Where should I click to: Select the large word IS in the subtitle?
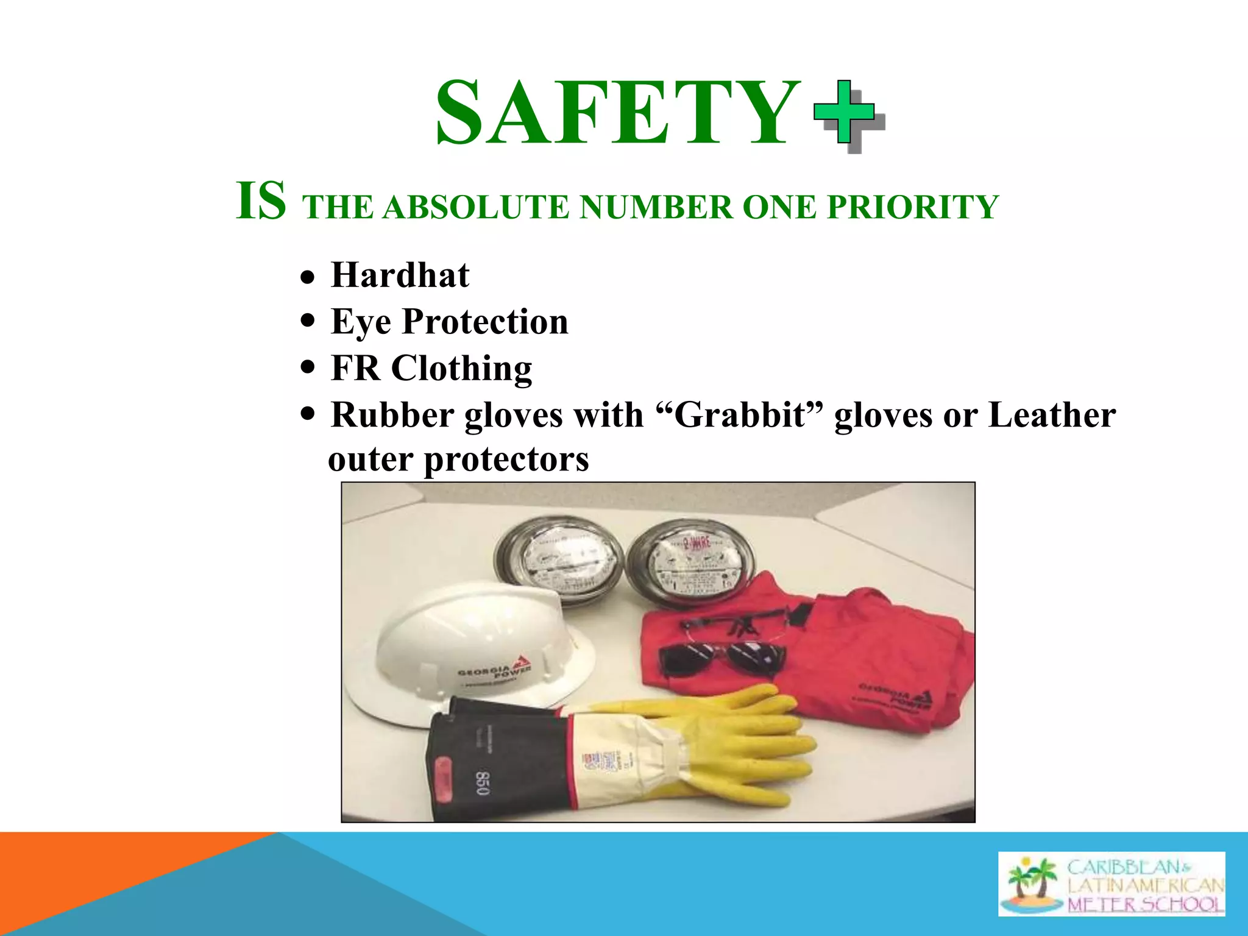pos(261,201)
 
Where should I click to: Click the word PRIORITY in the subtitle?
pos(912,207)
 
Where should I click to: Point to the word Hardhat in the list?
pos(400,275)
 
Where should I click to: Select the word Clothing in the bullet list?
pos(461,369)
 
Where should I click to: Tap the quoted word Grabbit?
pos(740,415)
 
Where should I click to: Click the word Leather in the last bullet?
pos(1051,415)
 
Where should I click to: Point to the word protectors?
pos(506,459)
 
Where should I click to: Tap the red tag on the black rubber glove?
pos(443,776)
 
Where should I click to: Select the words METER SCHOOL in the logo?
pos(1144,904)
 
